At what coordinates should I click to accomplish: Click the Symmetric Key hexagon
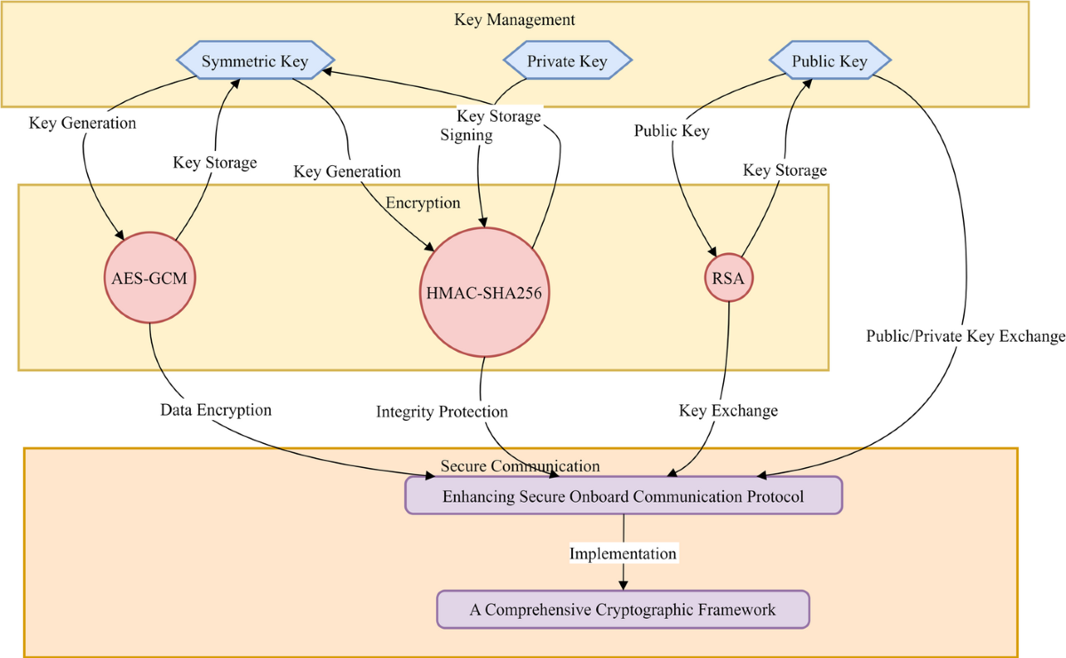pos(254,61)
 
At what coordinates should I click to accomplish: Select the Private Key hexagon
pos(568,61)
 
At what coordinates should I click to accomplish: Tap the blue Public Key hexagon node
pos(830,61)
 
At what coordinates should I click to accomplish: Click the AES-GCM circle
pos(149,279)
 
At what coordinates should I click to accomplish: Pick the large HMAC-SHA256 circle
pos(481,291)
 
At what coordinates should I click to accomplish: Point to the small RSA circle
pos(729,279)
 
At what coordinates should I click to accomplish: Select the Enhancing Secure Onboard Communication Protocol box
pos(623,495)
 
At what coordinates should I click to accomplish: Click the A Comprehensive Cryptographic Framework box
pos(623,610)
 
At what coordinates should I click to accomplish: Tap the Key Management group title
pos(514,20)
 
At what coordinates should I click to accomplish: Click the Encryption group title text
pos(423,203)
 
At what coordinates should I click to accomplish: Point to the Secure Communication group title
pos(520,466)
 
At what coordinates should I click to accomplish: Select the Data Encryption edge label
pos(216,410)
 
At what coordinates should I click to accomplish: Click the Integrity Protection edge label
pos(442,412)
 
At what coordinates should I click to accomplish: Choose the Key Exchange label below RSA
pos(728,410)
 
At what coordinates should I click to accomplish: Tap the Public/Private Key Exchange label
pos(966,337)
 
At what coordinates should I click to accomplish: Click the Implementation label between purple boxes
pos(623,553)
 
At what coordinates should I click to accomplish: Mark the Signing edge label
pos(466,135)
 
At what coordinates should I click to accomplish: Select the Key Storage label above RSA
pos(784,170)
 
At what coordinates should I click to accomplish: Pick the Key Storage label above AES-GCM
pos(214,163)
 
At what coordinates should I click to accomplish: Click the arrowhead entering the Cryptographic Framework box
pos(623,584)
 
